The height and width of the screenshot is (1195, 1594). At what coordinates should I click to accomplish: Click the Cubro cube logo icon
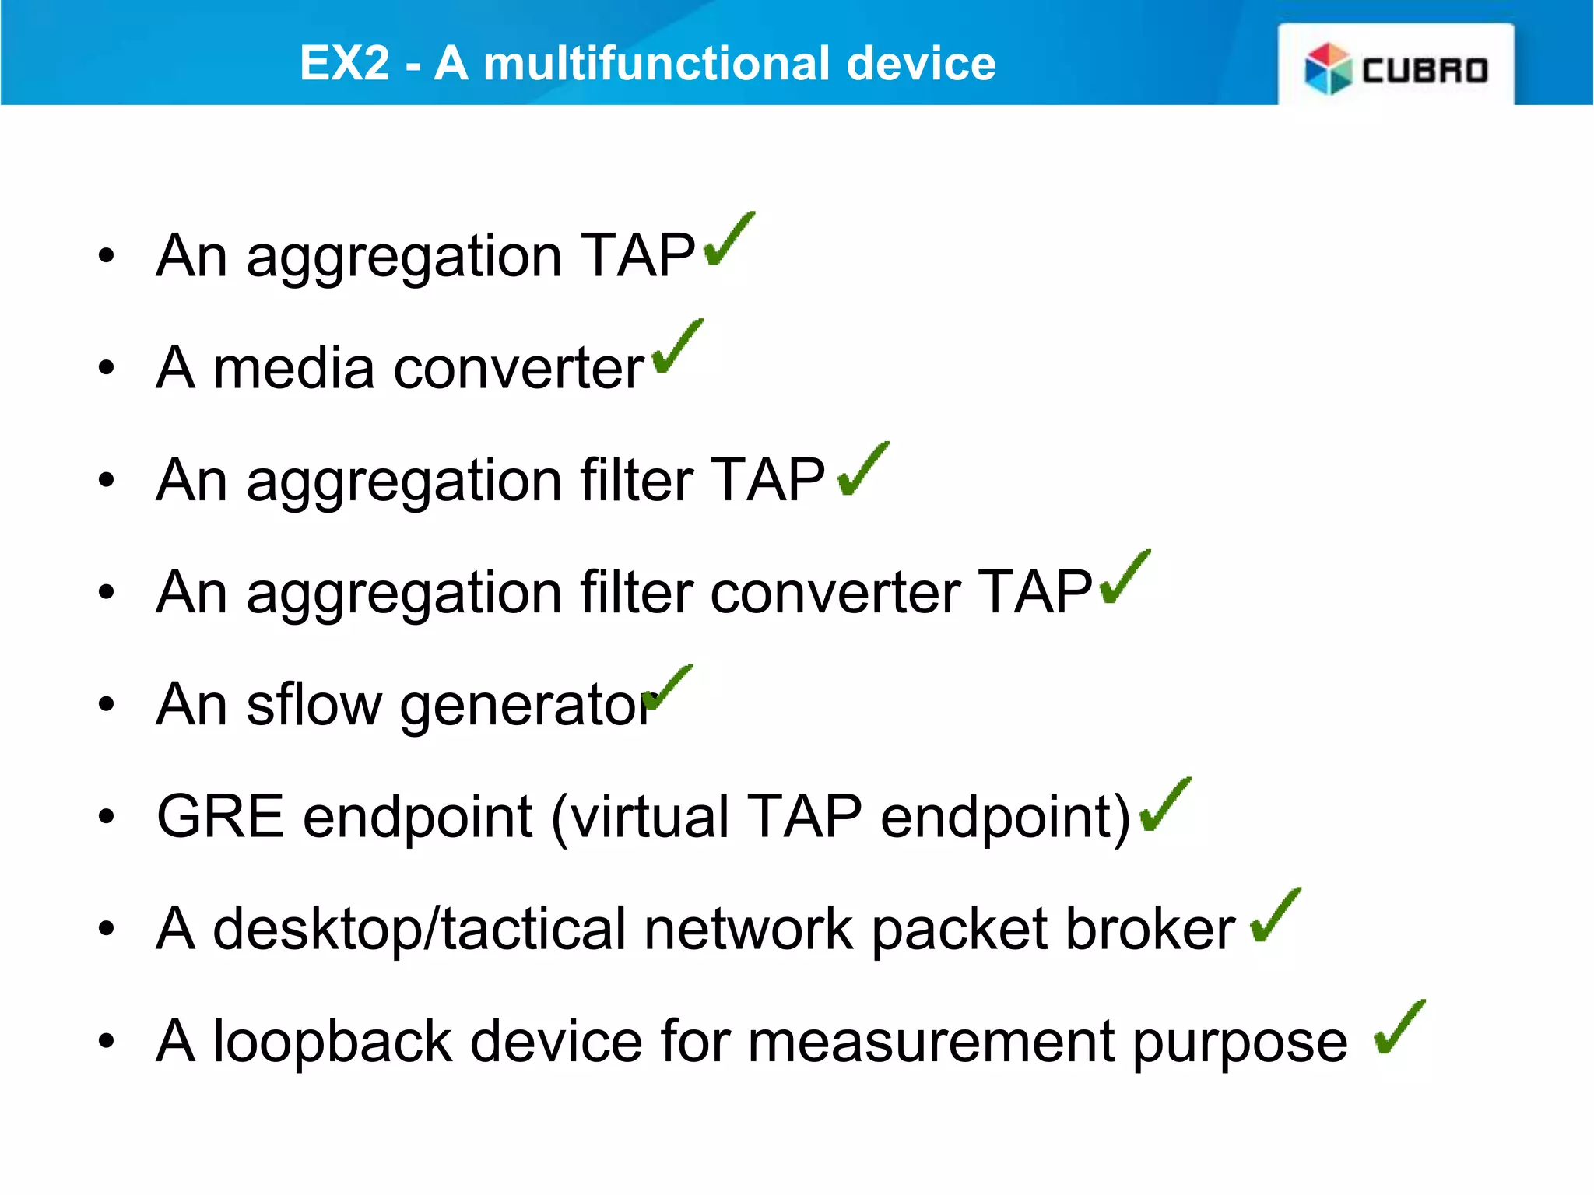pyautogui.click(x=1328, y=68)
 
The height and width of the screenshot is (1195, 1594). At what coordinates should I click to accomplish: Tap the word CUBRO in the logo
pyautogui.click(x=1425, y=71)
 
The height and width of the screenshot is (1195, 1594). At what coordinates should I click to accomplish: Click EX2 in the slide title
pyautogui.click(x=344, y=63)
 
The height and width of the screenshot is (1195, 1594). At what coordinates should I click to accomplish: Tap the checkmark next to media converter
pyautogui.click(x=677, y=348)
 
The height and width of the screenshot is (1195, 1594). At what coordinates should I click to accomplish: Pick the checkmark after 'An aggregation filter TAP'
pyautogui.click(x=862, y=470)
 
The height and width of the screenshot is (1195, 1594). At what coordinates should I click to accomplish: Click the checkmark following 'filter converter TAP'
pyautogui.click(x=1125, y=578)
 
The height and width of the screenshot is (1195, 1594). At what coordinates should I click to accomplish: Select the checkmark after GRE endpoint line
pyautogui.click(x=1164, y=806)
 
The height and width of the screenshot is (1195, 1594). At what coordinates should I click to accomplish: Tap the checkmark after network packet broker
pyautogui.click(x=1275, y=916)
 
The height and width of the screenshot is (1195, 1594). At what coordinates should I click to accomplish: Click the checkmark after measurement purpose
pyautogui.click(x=1399, y=1028)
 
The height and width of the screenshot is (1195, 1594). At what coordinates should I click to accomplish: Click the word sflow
pyautogui.click(x=314, y=705)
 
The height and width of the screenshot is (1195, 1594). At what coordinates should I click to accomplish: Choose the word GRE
pyautogui.click(x=220, y=817)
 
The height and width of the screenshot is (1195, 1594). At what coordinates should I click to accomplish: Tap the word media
pyautogui.click(x=293, y=368)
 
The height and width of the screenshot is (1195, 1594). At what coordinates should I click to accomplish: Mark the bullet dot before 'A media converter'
pyautogui.click(x=107, y=368)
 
